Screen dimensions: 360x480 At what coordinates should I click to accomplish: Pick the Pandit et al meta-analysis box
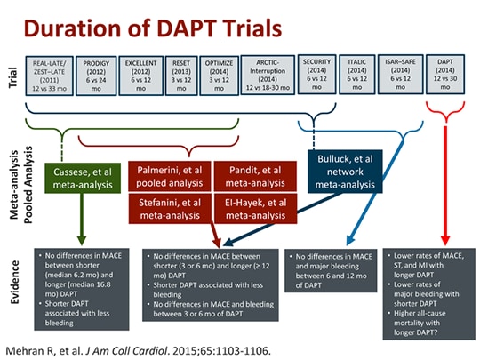pos(253,174)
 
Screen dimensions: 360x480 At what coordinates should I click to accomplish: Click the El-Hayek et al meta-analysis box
pos(253,208)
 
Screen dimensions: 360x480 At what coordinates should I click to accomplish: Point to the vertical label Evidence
pos(15,278)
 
